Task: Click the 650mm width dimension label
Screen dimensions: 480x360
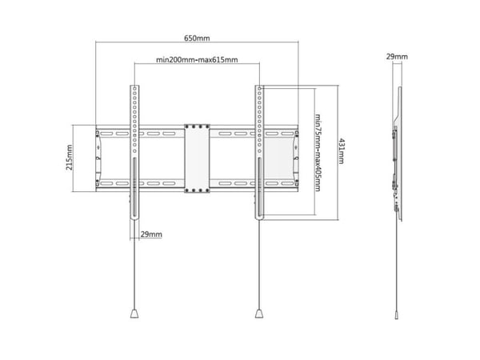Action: pyautogui.click(x=197, y=38)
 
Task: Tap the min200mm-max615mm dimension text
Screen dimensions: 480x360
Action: pyautogui.click(x=197, y=60)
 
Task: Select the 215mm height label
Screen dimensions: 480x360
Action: pyautogui.click(x=70, y=158)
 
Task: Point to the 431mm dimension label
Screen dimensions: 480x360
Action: pyautogui.click(x=342, y=151)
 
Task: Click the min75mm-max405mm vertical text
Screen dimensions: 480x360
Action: pyautogui.click(x=318, y=153)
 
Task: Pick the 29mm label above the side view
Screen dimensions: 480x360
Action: pyautogui.click(x=397, y=57)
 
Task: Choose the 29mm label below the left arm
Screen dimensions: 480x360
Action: pyautogui.click(x=151, y=234)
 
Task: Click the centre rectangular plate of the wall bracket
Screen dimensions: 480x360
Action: pyautogui.click(x=197, y=158)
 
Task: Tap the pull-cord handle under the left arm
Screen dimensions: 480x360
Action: pyautogui.click(x=134, y=314)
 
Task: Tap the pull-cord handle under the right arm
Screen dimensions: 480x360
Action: pyautogui.click(x=259, y=314)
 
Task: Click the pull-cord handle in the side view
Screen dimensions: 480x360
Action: pyautogui.click(x=397, y=315)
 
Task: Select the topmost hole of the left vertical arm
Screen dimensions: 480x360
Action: pyautogui.click(x=134, y=89)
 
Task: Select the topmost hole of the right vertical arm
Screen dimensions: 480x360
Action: pyautogui.click(x=259, y=89)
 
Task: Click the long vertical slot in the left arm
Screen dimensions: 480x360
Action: pyautogui.click(x=134, y=187)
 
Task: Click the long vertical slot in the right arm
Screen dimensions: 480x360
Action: pyautogui.click(x=259, y=187)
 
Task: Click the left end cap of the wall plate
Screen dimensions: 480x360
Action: pyautogui.click(x=98, y=158)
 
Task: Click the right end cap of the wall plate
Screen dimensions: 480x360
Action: pyautogui.click(x=296, y=158)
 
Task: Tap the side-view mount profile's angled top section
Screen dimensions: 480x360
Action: pyautogui.click(x=398, y=106)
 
